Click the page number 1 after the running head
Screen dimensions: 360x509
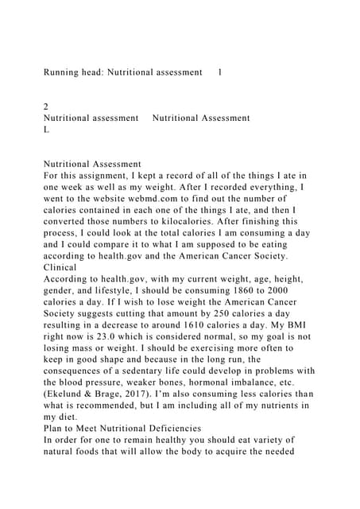pyautogui.click(x=220, y=72)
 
